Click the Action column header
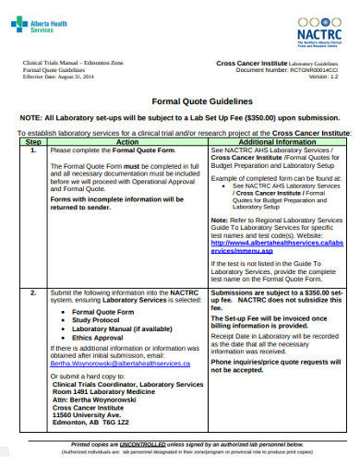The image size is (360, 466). (127, 142)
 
